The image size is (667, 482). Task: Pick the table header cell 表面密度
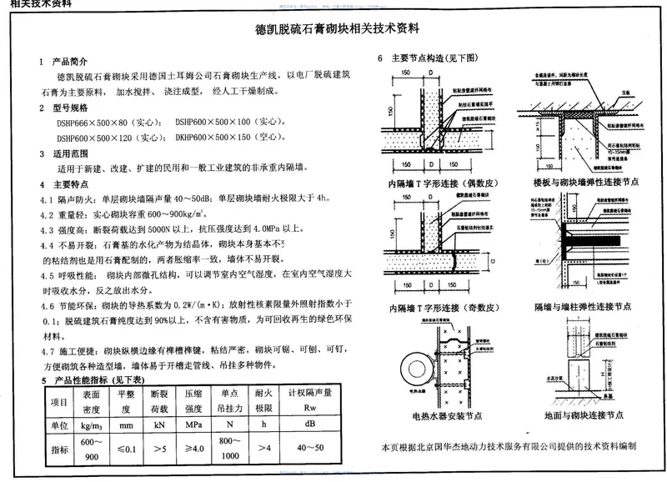point(92,402)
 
